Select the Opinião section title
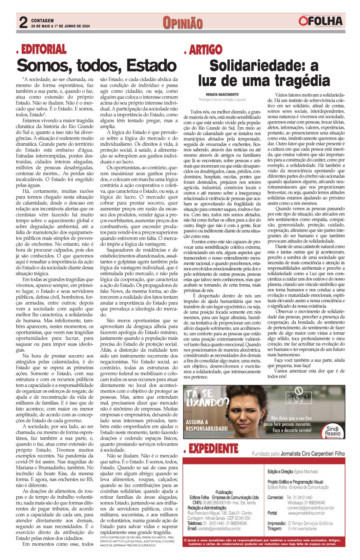click(183, 23)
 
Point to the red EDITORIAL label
click(44, 49)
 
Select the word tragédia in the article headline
click(302, 81)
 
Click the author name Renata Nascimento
click(222, 95)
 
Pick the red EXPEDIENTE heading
click(213, 449)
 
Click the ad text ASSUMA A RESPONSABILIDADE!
click(207, 425)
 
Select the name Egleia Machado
click(306, 472)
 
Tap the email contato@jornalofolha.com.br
click(219, 528)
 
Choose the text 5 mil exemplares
click(302, 528)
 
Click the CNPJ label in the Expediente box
click(197, 502)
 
